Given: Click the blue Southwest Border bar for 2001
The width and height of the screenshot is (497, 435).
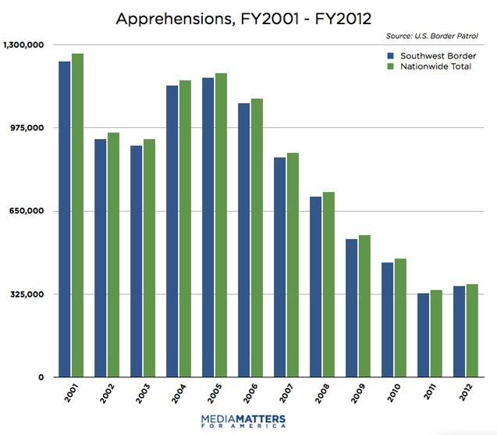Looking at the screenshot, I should [x=64, y=219].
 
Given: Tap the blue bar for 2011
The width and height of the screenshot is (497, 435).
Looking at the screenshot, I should [x=424, y=335].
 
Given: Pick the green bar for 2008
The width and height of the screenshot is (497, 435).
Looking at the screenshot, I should [x=328, y=284].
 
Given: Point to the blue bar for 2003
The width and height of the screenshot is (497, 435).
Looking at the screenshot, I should [x=137, y=261].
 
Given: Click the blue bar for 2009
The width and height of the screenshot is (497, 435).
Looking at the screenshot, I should [x=352, y=308].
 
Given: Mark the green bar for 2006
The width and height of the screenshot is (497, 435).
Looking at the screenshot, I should [x=257, y=237].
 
